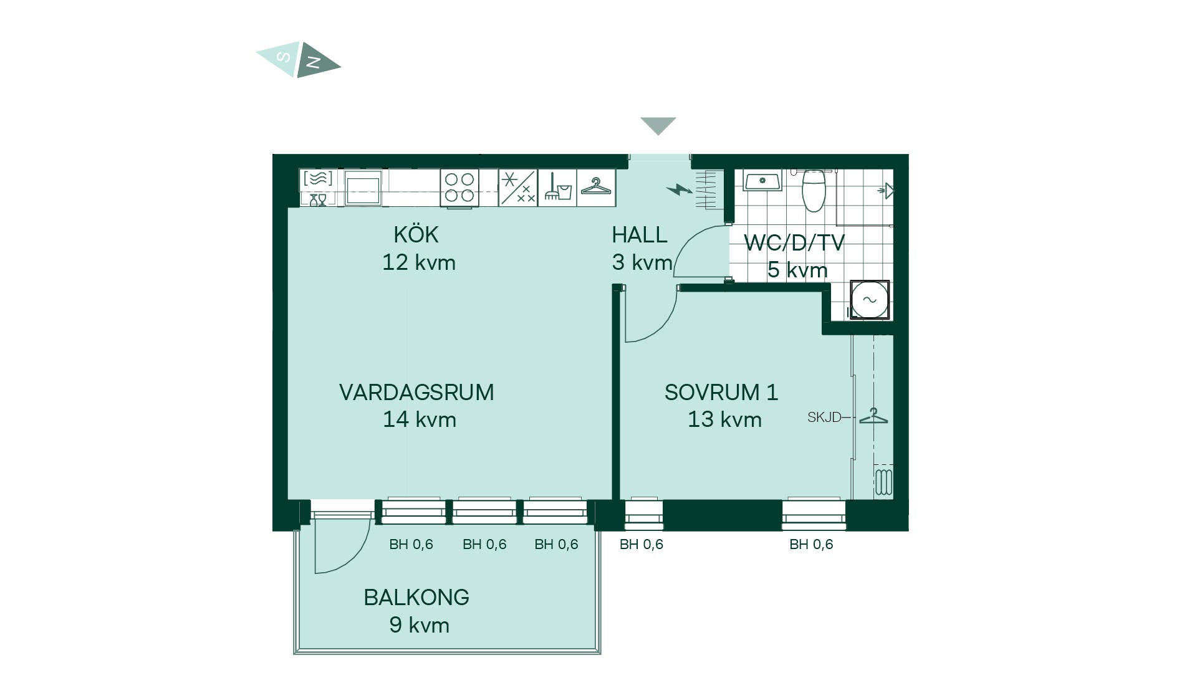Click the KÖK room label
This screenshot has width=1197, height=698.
(416, 235)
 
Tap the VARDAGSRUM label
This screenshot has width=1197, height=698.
(416, 393)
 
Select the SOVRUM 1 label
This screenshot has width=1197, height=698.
(721, 393)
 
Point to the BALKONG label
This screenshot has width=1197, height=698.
(416, 598)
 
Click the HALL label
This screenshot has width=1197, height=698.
(640, 235)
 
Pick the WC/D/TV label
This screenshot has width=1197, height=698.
(794, 242)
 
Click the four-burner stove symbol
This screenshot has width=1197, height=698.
(459, 188)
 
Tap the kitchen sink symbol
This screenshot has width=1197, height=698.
(363, 188)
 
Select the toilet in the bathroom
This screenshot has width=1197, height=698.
(814, 190)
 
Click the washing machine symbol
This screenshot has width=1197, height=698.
(869, 300)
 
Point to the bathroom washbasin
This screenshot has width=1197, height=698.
(762, 181)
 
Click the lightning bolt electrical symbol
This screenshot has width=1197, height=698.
(679, 189)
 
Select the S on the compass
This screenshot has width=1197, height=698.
(283, 57)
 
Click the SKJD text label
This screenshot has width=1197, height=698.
(824, 418)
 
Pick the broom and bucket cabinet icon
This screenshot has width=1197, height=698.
(557, 188)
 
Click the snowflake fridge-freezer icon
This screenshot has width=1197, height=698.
(517, 188)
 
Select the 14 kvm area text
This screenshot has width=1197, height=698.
(420, 419)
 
